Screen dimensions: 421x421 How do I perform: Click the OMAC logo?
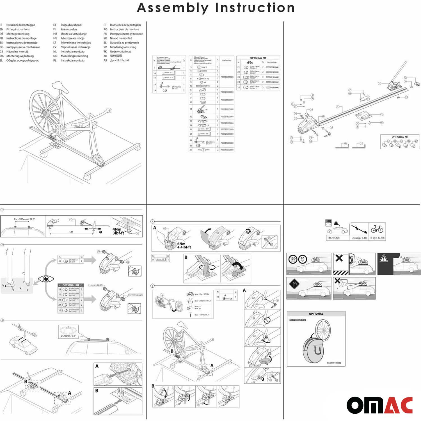point(379,405)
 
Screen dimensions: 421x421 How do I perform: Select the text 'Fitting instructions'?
point(18,29)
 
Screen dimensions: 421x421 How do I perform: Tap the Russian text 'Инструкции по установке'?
point(126,34)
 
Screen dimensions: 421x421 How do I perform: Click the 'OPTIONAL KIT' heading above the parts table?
point(258,58)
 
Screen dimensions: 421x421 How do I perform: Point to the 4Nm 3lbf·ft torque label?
point(118,231)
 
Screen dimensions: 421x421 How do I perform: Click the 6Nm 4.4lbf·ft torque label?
point(184,245)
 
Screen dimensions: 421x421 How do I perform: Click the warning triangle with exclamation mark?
point(383,258)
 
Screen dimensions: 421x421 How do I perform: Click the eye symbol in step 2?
point(46,279)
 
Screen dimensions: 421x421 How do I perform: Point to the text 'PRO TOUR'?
point(333,238)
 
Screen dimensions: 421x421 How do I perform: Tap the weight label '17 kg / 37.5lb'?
point(377,238)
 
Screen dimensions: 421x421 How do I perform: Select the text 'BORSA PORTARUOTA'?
point(298,320)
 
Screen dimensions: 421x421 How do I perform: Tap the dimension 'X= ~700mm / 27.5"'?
point(25,219)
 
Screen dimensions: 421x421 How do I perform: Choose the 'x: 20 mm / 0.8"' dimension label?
point(68,336)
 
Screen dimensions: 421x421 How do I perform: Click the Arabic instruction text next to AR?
point(119,60)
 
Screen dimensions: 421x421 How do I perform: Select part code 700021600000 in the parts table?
point(227,92)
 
